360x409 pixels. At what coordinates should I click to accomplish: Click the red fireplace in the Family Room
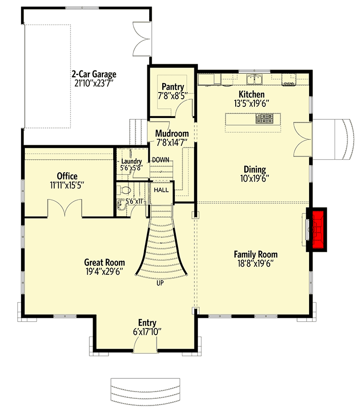(x=316, y=230)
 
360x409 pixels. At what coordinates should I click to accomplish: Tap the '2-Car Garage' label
(x=94, y=74)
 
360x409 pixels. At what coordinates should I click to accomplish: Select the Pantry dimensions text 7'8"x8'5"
(x=172, y=96)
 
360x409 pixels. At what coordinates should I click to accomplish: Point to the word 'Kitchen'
(x=252, y=94)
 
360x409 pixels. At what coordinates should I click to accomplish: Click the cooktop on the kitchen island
(x=264, y=118)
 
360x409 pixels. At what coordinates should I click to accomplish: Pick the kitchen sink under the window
(x=254, y=79)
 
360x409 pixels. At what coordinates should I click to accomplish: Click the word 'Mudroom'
(x=172, y=133)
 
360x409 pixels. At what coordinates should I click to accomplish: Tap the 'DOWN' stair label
(x=160, y=160)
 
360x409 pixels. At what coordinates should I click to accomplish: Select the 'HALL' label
(x=161, y=190)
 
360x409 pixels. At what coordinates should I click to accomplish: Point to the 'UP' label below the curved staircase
(x=160, y=283)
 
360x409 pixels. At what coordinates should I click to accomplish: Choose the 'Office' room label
(x=67, y=176)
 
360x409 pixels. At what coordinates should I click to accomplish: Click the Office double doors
(x=65, y=208)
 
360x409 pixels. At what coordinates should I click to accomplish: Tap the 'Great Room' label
(x=105, y=262)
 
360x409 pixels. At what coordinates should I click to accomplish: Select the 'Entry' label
(x=147, y=323)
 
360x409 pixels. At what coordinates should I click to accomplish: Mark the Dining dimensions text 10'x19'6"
(x=254, y=179)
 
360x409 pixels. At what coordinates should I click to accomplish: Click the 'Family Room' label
(x=255, y=254)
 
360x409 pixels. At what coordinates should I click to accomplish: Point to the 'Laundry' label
(x=132, y=162)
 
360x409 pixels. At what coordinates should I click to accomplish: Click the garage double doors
(x=142, y=39)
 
